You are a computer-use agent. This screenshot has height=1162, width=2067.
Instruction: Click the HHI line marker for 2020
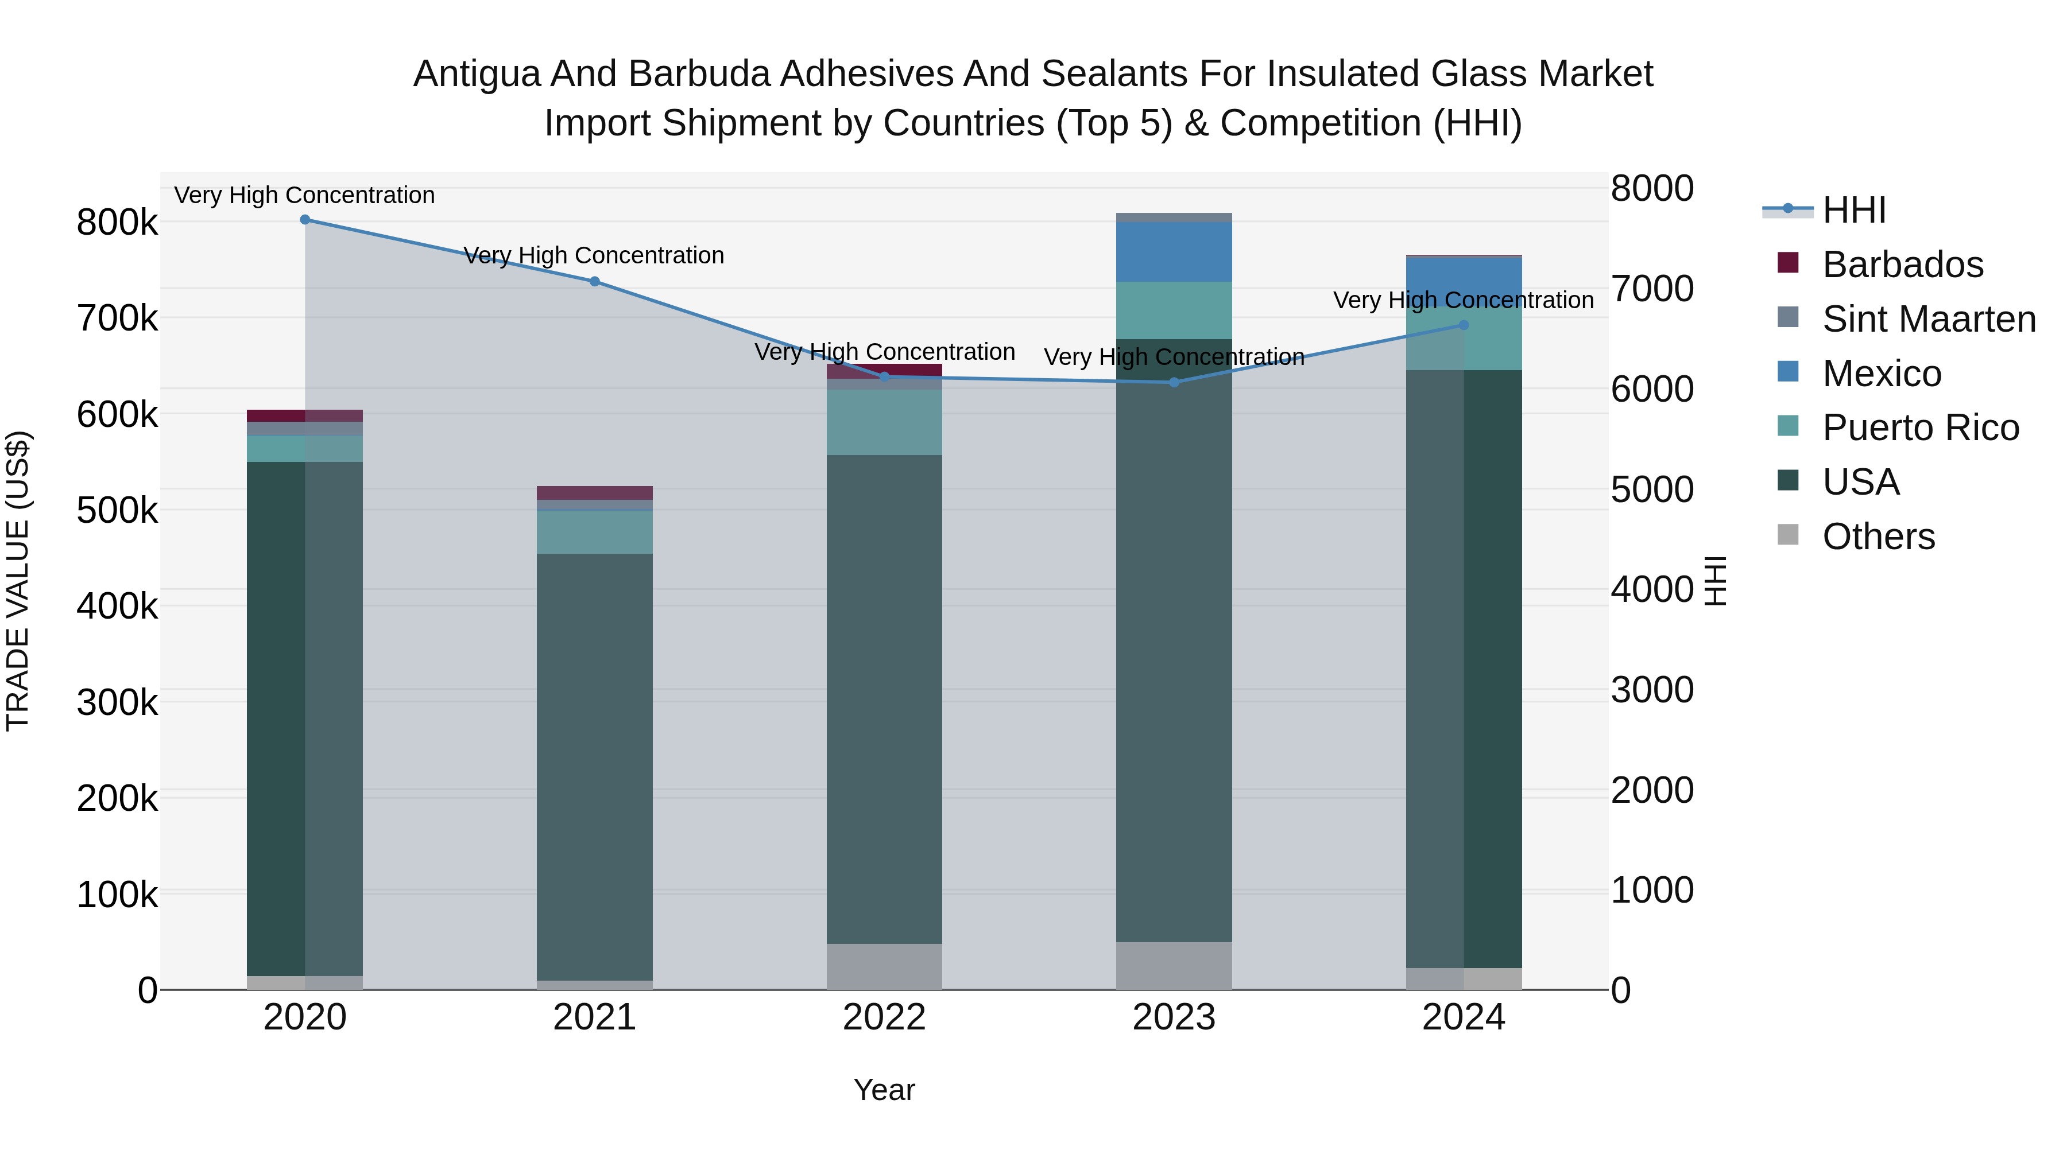pyautogui.click(x=305, y=220)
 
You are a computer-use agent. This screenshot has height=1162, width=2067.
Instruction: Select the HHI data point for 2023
pyautogui.click(x=1174, y=383)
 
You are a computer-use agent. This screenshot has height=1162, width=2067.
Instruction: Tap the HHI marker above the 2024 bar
pyautogui.click(x=1464, y=325)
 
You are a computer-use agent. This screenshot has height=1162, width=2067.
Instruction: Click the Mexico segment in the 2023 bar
pyautogui.click(x=1174, y=252)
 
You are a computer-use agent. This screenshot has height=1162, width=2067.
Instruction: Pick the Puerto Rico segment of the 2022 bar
pyautogui.click(x=884, y=422)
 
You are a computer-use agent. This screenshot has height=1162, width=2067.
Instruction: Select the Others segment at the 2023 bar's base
pyautogui.click(x=1174, y=966)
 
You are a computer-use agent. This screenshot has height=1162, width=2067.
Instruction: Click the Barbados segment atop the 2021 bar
pyautogui.click(x=595, y=493)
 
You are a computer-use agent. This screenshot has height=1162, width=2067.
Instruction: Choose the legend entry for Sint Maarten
pyautogui.click(x=1929, y=319)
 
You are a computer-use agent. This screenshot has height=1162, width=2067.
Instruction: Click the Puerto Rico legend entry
pyautogui.click(x=1920, y=428)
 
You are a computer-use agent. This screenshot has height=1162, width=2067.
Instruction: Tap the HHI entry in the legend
pyautogui.click(x=1853, y=210)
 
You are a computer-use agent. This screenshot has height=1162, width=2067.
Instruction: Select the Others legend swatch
pyautogui.click(x=1789, y=535)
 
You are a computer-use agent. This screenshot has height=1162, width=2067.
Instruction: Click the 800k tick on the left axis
pyautogui.click(x=117, y=223)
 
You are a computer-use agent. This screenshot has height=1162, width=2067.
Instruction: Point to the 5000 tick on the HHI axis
pyautogui.click(x=1652, y=489)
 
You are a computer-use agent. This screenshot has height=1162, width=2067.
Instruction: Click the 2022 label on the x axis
pyautogui.click(x=884, y=1017)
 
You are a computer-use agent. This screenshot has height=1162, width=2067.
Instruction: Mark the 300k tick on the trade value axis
pyautogui.click(x=117, y=702)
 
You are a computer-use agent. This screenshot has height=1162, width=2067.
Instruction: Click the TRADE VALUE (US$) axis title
pyautogui.click(x=18, y=581)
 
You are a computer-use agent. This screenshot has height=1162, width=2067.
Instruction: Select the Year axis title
pyautogui.click(x=884, y=1090)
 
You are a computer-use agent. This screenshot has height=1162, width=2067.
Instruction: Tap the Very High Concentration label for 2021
pyautogui.click(x=595, y=256)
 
